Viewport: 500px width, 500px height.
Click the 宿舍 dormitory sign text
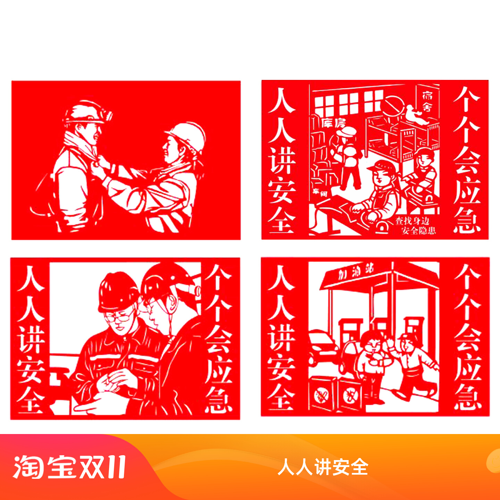pyautogui.click(x=427, y=101)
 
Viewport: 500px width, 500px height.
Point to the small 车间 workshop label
pyautogui.click(x=320, y=192)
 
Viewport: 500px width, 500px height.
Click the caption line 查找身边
pyautogui.click(x=412, y=221)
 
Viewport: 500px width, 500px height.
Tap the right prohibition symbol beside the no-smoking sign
pyautogui.click(x=349, y=395)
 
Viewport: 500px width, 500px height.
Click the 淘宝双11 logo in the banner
pyautogui.click(x=69, y=467)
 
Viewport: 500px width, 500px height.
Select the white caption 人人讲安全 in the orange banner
pyautogui.click(x=323, y=467)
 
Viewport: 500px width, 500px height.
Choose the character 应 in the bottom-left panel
pyautogui.click(x=218, y=368)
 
